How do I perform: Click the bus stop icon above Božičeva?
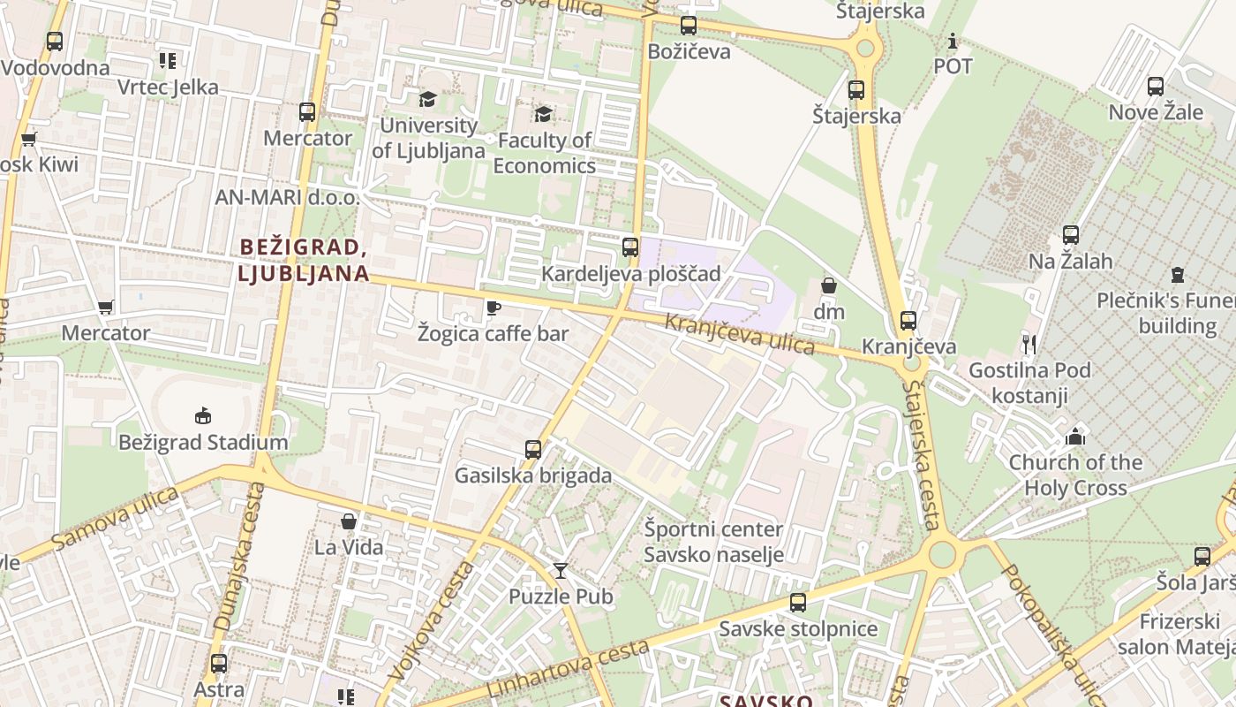(689, 26)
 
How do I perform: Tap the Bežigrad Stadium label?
(203, 442)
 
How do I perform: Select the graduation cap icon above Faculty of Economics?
(543, 114)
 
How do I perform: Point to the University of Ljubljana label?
(428, 138)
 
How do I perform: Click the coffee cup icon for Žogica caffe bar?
(493, 308)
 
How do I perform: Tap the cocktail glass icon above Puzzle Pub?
(560, 570)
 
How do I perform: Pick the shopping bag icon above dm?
(828, 285)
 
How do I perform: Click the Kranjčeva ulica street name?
(739, 333)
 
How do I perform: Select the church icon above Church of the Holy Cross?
(1074, 437)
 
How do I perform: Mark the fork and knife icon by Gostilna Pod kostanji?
(1029, 344)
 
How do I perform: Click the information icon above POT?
(952, 41)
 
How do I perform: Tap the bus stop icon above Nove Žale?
(1155, 87)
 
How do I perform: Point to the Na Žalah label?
(1070, 262)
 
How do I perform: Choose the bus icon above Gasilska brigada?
(532, 449)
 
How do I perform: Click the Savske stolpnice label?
(798, 629)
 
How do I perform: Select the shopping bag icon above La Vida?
(349, 521)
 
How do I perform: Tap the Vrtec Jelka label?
(168, 87)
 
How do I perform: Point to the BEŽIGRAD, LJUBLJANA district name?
(303, 260)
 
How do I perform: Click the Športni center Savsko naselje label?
(713, 542)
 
